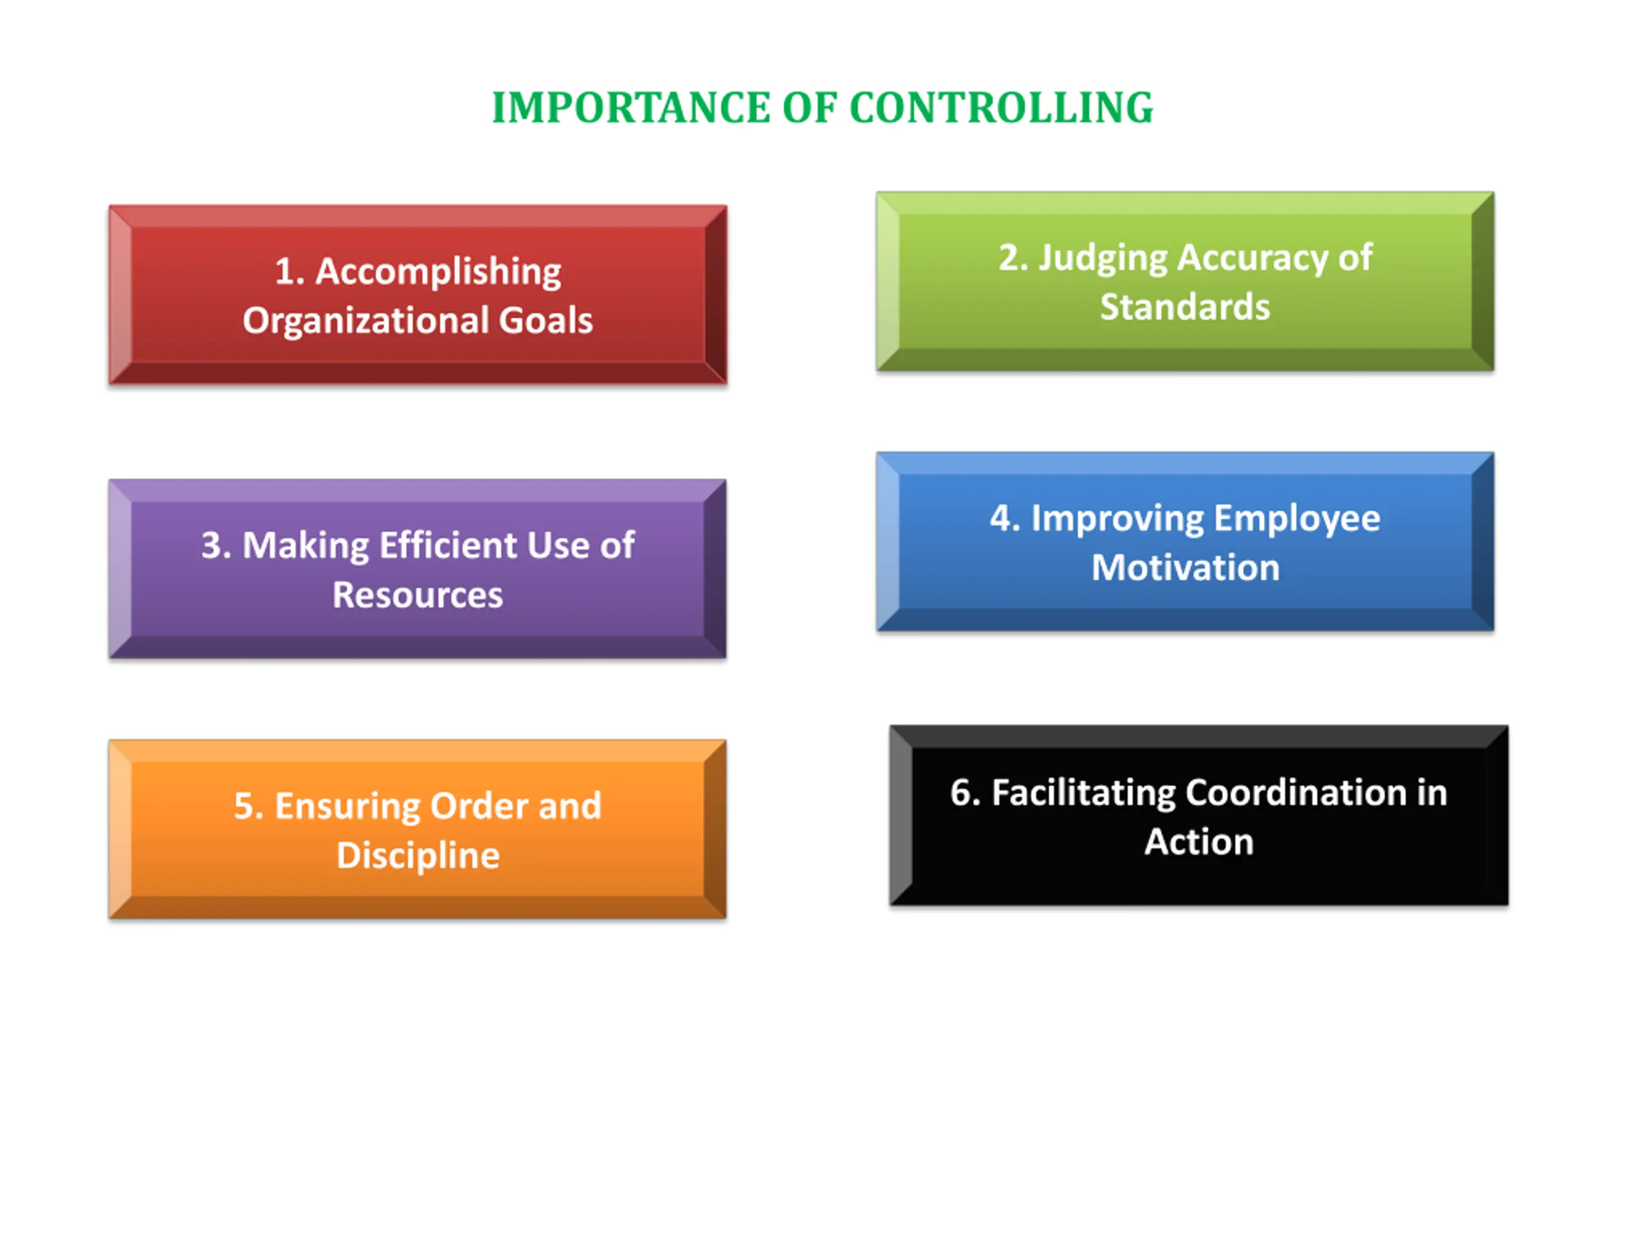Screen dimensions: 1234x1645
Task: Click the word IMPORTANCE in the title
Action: point(630,108)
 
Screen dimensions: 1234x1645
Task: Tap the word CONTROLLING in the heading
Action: point(1001,108)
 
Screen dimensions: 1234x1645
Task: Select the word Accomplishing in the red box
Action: point(438,271)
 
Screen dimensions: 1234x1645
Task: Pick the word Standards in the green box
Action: point(1185,307)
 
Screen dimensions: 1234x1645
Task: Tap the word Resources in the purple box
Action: point(417,595)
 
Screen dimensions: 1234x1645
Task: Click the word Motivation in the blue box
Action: point(1186,568)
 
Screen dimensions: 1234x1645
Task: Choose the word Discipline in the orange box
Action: point(418,855)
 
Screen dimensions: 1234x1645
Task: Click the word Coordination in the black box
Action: point(1295,793)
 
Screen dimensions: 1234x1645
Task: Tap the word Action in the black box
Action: point(1199,842)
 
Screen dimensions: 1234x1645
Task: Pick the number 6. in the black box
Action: point(965,793)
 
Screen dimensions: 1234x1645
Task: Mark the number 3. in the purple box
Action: point(217,545)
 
